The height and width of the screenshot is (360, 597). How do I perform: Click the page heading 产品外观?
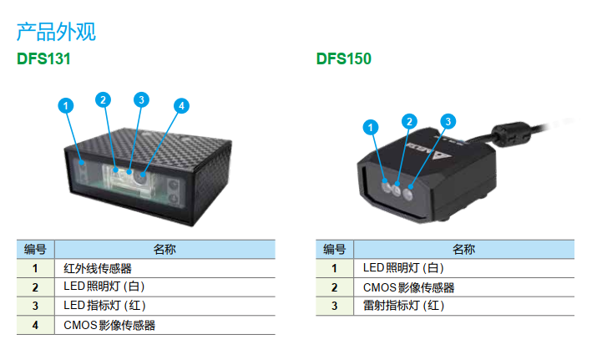coord(56,33)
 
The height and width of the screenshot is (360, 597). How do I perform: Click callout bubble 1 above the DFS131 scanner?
coord(66,105)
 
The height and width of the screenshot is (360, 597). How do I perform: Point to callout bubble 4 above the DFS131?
coord(181,105)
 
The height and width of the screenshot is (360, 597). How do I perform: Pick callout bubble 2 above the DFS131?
coord(103,99)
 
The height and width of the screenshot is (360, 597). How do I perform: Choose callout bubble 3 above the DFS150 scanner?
coord(448,121)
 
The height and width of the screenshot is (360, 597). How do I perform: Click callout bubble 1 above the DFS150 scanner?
coord(371,127)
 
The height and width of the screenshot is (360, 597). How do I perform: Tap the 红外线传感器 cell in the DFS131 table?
coord(98,269)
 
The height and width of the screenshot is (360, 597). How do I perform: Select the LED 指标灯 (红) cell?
coord(105,306)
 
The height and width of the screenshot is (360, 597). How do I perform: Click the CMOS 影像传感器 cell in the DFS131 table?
coord(109,325)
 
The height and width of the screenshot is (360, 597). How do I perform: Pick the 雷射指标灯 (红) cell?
coord(404,306)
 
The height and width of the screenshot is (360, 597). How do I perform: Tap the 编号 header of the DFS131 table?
coord(35,249)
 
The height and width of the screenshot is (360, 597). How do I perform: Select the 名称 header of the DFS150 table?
coord(463,249)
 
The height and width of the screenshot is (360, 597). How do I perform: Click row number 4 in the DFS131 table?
coord(35,325)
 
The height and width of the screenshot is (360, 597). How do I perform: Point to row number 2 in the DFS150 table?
coord(334,287)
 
